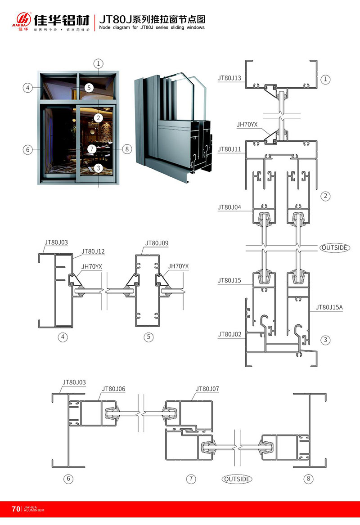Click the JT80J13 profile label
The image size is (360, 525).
point(229,78)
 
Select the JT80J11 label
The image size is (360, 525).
point(229,148)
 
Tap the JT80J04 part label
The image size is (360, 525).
point(229,207)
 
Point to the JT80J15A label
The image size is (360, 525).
point(329,307)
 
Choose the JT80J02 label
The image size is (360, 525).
point(229,334)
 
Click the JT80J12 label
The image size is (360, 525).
point(93,251)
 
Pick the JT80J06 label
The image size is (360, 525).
point(113,389)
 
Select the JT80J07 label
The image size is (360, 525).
point(207,389)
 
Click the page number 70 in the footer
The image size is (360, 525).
point(16,509)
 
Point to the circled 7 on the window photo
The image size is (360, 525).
point(91,148)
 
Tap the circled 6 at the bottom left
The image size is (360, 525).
point(69,479)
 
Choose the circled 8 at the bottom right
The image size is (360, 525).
point(308,479)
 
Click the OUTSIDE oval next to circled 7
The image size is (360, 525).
point(237,479)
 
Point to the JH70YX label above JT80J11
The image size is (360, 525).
point(247,124)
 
